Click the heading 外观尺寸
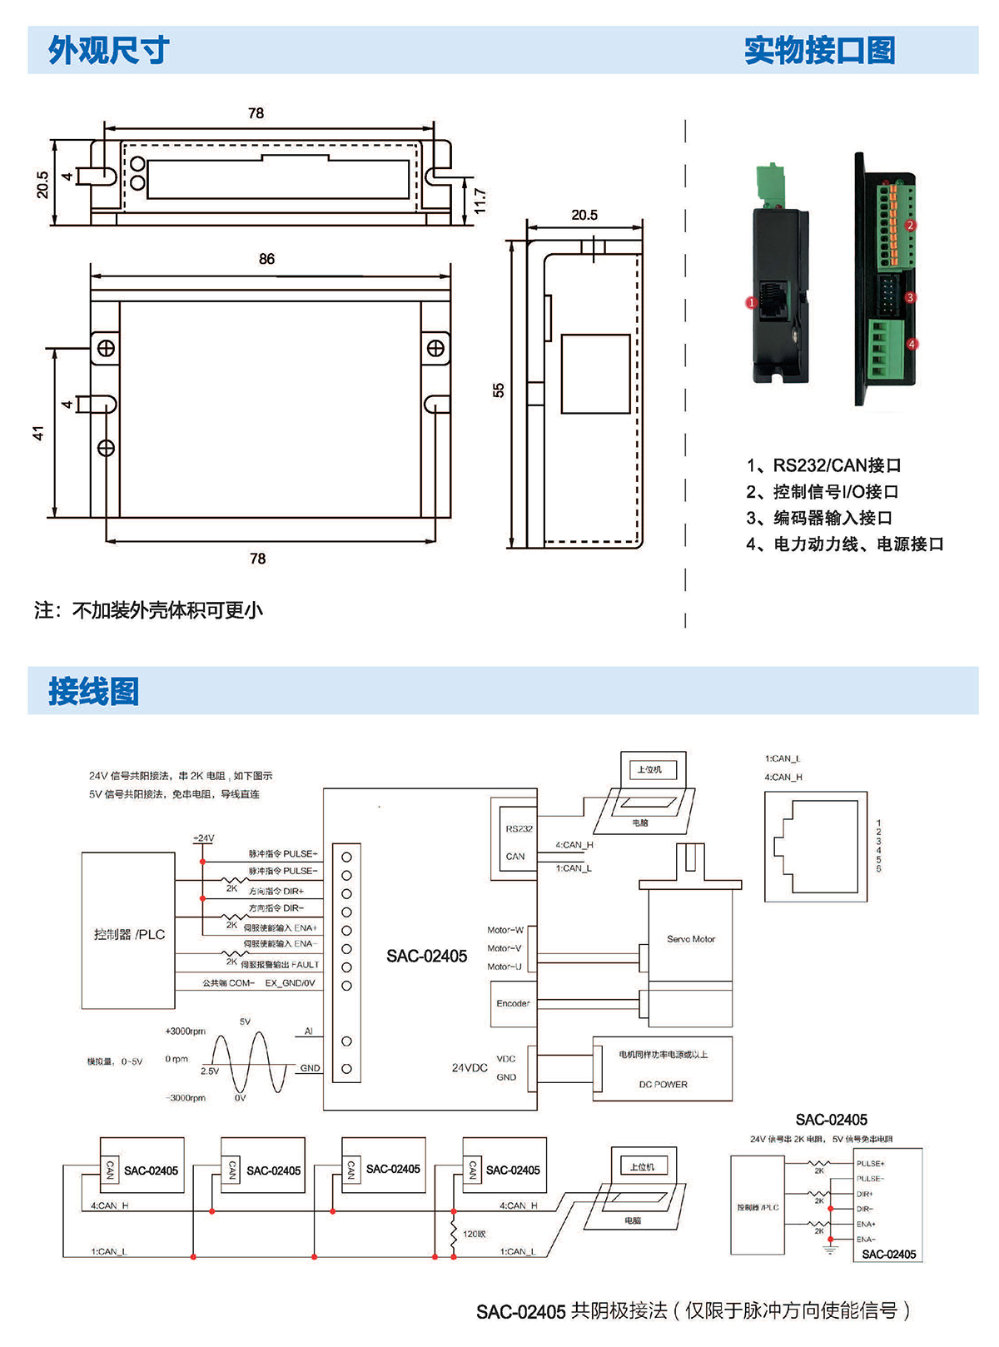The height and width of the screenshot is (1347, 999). [x=108, y=51]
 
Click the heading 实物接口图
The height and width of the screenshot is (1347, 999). [x=819, y=51]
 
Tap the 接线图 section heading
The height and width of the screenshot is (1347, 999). [x=93, y=691]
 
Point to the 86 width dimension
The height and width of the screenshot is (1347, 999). [x=266, y=259]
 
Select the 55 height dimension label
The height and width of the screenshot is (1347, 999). [x=499, y=390]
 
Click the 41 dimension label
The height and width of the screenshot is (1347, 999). [x=38, y=433]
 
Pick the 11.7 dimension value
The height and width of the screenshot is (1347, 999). [x=480, y=201]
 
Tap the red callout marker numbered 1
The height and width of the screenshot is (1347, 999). [x=751, y=303]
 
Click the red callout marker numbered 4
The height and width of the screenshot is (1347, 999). [x=912, y=344]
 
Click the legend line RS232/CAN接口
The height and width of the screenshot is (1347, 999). [x=823, y=465]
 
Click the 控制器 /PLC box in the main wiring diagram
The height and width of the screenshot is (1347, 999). [x=129, y=934]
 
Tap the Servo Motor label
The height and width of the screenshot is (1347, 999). [x=691, y=939]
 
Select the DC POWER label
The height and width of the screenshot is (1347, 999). [x=663, y=1084]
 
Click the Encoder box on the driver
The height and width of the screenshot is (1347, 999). [x=513, y=1003]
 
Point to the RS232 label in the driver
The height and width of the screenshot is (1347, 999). [x=519, y=828]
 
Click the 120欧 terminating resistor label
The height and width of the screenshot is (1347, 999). [x=475, y=1234]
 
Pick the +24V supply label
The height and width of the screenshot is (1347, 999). [x=203, y=838]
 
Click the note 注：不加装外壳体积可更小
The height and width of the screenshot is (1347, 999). [x=148, y=610]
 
